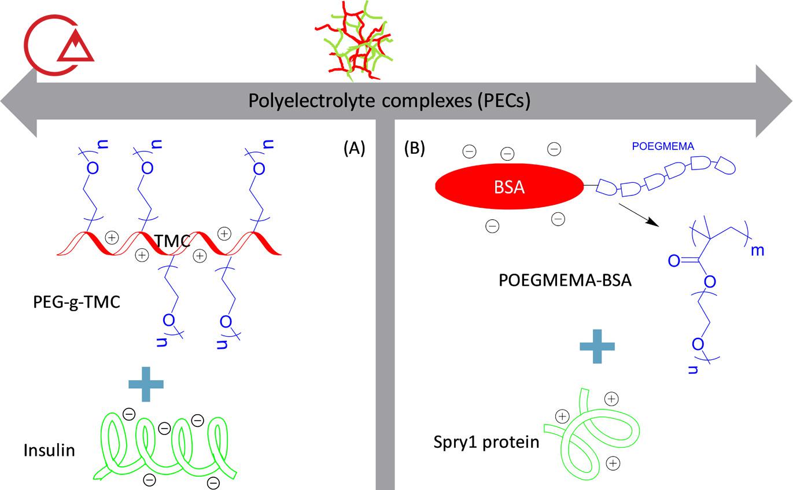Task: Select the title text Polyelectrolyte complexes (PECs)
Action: click(390, 101)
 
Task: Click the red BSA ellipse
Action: click(508, 187)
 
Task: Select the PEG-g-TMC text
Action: click(76, 302)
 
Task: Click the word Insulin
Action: click(49, 450)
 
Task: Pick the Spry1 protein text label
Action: click(486, 443)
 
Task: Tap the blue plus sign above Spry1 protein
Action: click(597, 345)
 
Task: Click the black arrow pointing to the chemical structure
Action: click(639, 215)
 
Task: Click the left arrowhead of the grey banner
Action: click(17, 101)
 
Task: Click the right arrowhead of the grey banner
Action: click(775, 101)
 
